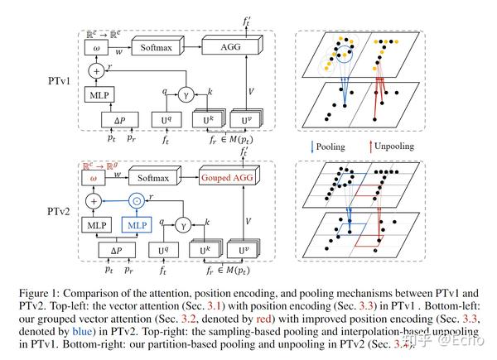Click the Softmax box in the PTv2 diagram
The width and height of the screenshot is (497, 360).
(158, 178)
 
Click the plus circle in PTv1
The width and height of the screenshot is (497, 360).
(97, 70)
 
